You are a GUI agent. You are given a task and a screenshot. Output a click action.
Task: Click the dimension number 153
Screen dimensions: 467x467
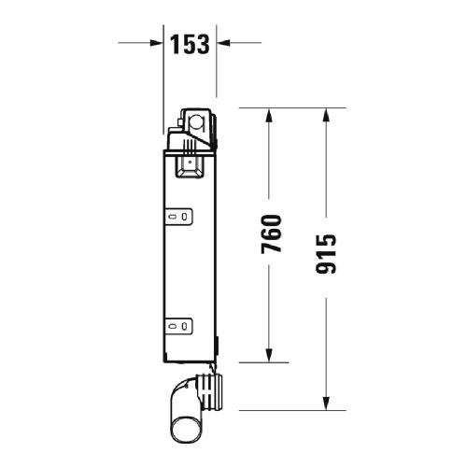pyautogui.click(x=191, y=43)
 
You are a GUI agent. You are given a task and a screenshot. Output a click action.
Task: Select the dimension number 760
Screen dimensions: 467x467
pyautogui.click(x=271, y=234)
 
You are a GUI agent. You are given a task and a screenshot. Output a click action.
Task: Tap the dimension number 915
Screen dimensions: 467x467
pyautogui.click(x=326, y=254)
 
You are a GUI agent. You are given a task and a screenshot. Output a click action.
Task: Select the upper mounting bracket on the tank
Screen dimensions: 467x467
pyautogui.click(x=180, y=217)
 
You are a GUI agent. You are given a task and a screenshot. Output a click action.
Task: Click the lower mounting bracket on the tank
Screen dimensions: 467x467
pyautogui.click(x=180, y=326)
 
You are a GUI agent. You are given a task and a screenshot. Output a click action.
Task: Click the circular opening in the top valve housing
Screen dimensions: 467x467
pyautogui.click(x=197, y=120)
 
